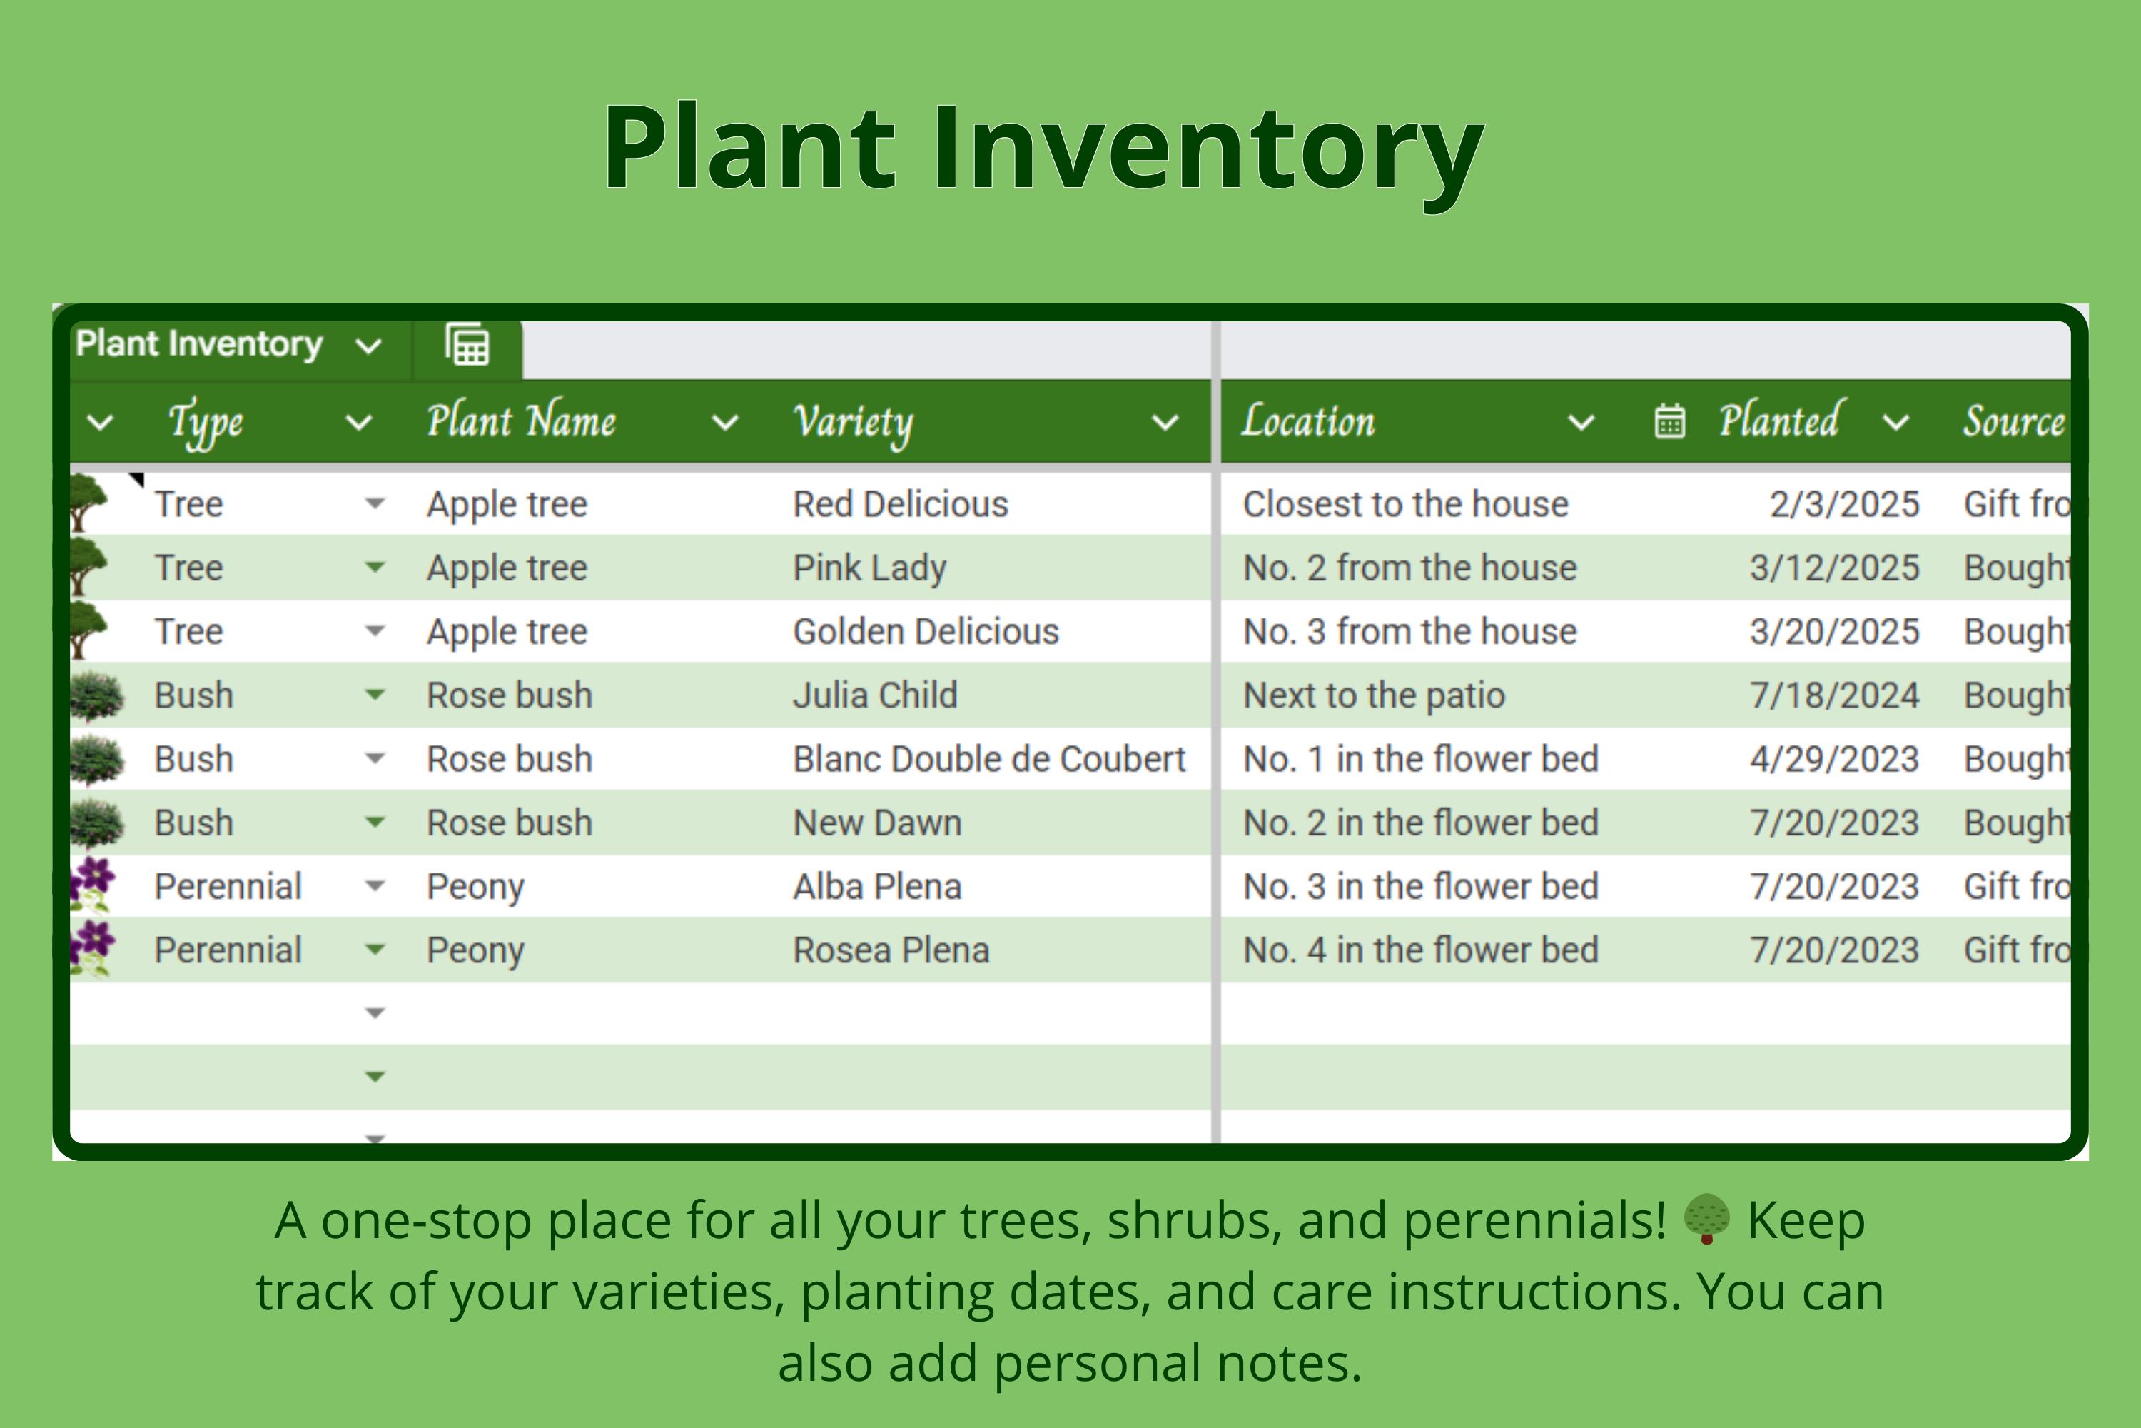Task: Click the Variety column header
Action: (x=853, y=422)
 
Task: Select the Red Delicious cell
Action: (x=900, y=503)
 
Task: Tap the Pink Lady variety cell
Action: (x=869, y=568)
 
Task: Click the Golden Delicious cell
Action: (x=926, y=631)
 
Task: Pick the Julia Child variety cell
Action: (x=875, y=695)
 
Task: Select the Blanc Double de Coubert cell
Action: (x=988, y=758)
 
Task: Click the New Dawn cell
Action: (x=876, y=823)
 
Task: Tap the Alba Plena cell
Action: (x=876, y=886)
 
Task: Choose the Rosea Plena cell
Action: (x=890, y=950)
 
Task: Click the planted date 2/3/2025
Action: (x=1843, y=503)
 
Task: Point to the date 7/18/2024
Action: (x=1833, y=695)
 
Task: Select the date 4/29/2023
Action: (x=1833, y=758)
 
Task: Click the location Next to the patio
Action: (x=1374, y=695)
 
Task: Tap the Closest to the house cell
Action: (x=1405, y=503)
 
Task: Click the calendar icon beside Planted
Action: (x=1669, y=422)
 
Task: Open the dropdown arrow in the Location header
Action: (x=1581, y=423)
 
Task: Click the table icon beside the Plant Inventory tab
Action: (x=467, y=346)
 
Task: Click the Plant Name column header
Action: (x=521, y=422)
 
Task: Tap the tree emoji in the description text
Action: (x=1706, y=1220)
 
